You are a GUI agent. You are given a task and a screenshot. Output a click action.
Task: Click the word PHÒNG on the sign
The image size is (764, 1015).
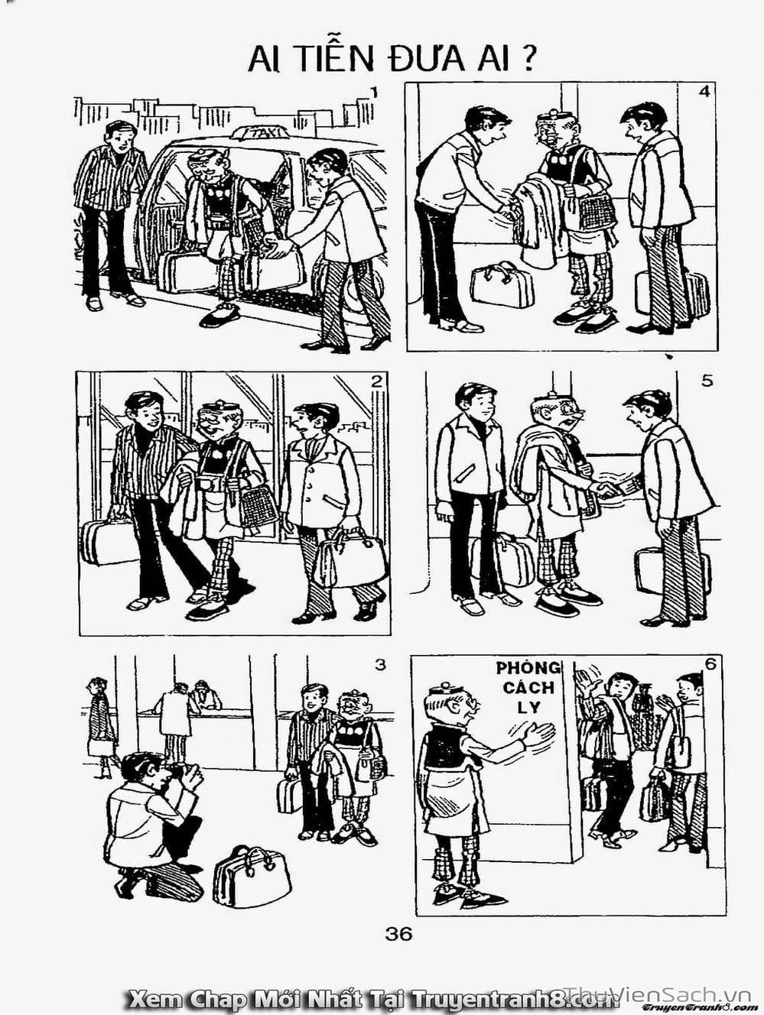click(x=528, y=668)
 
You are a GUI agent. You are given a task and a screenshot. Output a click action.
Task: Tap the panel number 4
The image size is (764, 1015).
click(x=704, y=92)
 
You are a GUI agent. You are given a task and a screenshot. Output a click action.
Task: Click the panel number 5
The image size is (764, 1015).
click(x=707, y=382)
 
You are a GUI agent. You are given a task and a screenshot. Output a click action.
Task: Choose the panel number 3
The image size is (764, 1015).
click(x=379, y=665)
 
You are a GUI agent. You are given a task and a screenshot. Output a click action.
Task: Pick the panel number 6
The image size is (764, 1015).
click(x=710, y=664)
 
